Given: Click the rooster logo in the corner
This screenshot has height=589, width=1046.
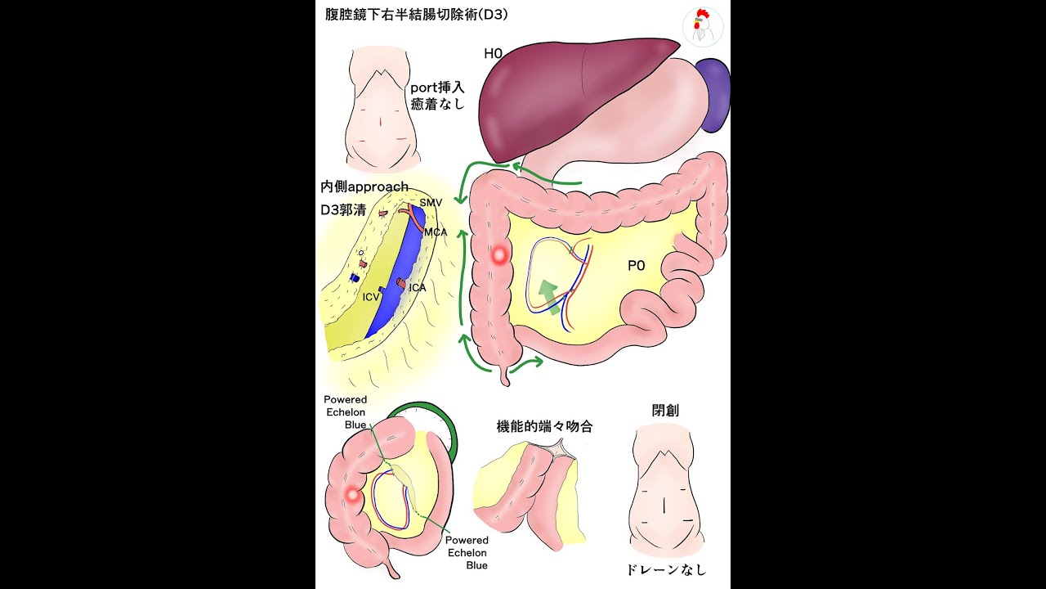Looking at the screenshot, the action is pos(702,27).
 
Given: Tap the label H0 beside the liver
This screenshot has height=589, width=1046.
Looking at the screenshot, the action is pos(493,54).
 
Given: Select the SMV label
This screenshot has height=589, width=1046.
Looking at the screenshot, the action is pos(431,202).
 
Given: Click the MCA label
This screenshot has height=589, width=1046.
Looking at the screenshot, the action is pos(435,232).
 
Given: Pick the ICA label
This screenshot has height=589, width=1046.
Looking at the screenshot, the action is pos(417,288).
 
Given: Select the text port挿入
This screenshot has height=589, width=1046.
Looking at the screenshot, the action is pos(437,87).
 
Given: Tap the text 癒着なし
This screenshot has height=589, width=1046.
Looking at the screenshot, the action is pos(437,104).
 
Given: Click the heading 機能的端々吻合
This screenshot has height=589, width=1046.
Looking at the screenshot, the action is pos(544,426).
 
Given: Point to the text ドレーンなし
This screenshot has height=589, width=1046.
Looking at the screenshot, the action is pos(665,569).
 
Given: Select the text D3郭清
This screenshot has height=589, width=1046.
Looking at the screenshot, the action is pos(344,209).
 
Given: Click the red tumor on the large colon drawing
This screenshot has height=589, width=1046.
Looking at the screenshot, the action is pos(499,255).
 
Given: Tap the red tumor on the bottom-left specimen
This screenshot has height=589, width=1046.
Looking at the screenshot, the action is pos(353,495).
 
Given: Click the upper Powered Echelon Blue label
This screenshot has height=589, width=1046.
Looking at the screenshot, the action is pos(346,412).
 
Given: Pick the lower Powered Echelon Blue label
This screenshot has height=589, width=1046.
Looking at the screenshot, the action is pos(467,552).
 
